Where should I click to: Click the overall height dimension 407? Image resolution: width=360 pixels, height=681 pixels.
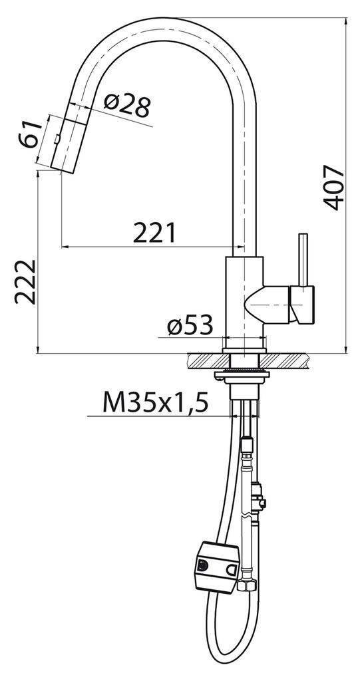click(x=337, y=188)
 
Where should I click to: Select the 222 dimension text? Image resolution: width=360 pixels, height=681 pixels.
click(x=25, y=281)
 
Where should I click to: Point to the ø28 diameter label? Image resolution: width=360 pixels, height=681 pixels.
click(x=128, y=106)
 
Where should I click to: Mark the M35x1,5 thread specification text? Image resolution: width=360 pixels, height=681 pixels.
click(x=155, y=402)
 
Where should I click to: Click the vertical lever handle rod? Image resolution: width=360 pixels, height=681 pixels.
click(x=303, y=260)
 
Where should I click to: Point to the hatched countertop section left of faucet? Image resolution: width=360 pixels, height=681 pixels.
click(x=205, y=360)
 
